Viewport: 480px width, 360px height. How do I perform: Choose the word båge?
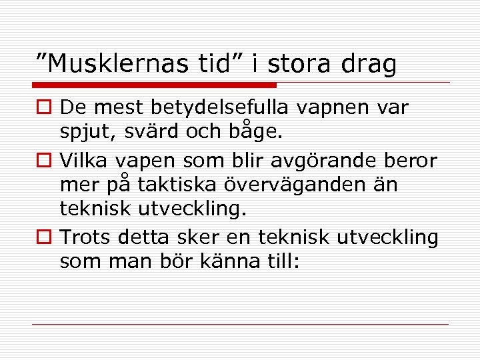259,131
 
